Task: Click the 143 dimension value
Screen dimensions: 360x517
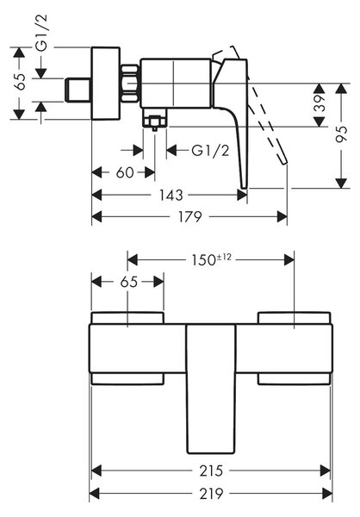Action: tap(171, 196)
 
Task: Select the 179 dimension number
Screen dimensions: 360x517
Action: tap(189, 217)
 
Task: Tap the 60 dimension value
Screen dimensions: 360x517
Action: tap(125, 172)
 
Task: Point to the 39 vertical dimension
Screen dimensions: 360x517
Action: tap(320, 103)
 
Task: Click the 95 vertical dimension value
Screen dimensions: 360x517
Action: tap(342, 134)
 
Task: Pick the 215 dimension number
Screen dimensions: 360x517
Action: tap(211, 470)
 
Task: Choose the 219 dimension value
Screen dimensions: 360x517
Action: tap(211, 494)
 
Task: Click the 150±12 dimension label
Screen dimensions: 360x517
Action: tap(211, 259)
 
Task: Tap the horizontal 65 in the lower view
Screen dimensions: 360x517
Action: tap(129, 282)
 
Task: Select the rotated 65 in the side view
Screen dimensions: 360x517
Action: tap(20, 82)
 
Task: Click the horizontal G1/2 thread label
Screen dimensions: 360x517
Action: tap(210, 151)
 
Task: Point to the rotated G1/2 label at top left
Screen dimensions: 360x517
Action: tap(42, 33)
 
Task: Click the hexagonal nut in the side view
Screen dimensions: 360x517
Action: tap(130, 84)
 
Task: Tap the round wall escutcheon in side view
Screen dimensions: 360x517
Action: tap(105, 84)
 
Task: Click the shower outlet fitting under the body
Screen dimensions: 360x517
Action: tap(155, 120)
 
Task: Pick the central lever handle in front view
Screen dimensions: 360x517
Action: tap(211, 389)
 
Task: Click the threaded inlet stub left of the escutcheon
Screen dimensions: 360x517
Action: tap(78, 90)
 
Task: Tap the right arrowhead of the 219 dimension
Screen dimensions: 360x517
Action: tap(327, 494)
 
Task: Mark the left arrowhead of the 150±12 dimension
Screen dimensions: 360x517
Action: tap(133, 260)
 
